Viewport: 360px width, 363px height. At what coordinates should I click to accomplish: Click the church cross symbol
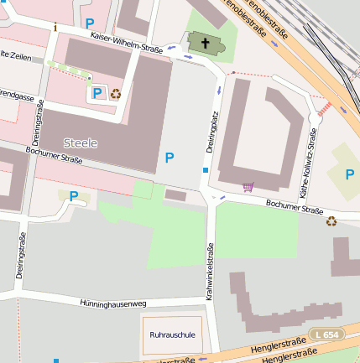203,42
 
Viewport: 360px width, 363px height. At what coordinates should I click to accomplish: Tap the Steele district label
80,143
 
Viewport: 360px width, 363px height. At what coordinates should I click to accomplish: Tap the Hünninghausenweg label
113,303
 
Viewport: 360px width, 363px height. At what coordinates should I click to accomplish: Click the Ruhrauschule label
172,334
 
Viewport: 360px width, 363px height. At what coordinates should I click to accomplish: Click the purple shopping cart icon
248,186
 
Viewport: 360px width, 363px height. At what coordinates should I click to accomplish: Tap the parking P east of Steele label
170,157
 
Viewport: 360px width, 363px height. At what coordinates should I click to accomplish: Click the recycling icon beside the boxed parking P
116,93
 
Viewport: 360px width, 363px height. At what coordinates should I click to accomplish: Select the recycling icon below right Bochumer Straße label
331,221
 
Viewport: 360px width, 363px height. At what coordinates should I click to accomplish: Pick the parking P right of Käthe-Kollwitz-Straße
351,174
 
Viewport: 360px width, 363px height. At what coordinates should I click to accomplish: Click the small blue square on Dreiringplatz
206,170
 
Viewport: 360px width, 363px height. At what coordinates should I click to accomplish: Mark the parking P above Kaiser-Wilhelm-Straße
90,24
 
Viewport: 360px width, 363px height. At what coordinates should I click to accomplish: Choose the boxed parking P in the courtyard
97,93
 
